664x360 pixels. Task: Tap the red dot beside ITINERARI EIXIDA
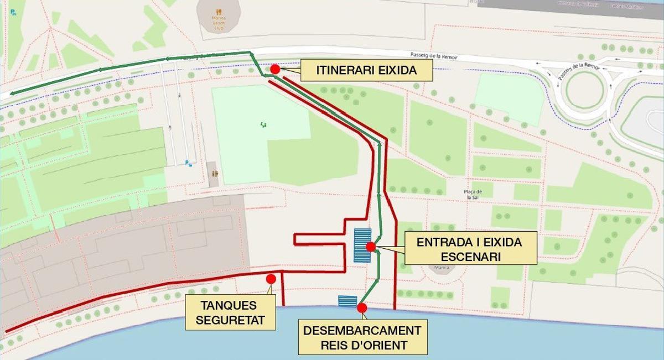[x=275, y=69]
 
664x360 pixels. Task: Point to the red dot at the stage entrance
[x=371, y=247]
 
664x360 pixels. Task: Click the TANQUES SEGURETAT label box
[x=229, y=312]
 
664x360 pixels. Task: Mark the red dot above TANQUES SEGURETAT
[x=271, y=279]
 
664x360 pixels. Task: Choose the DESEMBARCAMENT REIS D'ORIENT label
[x=362, y=338]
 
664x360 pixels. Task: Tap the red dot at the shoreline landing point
[x=362, y=308]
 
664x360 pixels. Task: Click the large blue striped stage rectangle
[x=362, y=245]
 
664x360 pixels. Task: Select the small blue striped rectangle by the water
[x=347, y=301]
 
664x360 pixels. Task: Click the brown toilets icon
[x=215, y=173]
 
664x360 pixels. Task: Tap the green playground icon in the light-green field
[x=262, y=125]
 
